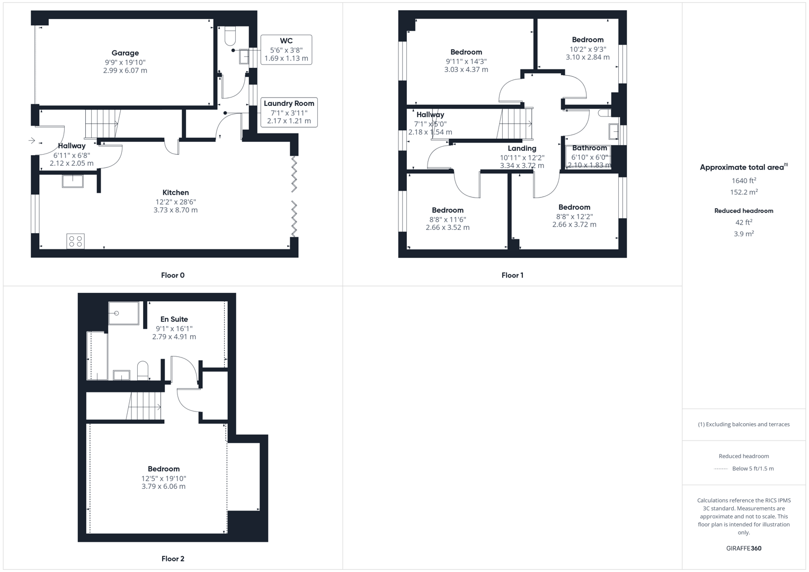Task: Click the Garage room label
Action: (x=125, y=53)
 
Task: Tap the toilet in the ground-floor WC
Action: (x=230, y=35)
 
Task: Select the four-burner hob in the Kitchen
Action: (x=75, y=242)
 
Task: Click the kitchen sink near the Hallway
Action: (x=73, y=181)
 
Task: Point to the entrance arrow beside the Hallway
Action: (x=32, y=140)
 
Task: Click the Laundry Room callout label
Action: (x=289, y=104)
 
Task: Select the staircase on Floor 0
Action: (x=102, y=123)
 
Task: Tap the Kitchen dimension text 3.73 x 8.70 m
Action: (x=175, y=210)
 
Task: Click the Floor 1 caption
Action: (x=512, y=275)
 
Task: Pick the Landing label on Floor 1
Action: (x=522, y=149)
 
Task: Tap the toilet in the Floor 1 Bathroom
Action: (x=604, y=113)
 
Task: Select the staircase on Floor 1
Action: (x=515, y=124)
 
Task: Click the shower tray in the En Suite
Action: (x=123, y=313)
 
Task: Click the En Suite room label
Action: (x=174, y=319)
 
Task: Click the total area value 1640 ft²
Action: (x=743, y=181)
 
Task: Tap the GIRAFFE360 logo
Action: (x=743, y=548)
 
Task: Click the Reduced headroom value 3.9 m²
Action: (x=743, y=234)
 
